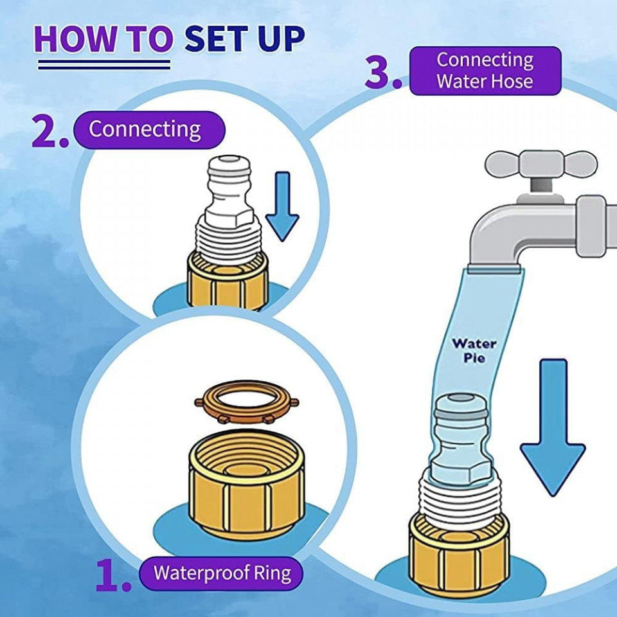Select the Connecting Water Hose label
[x=485, y=71]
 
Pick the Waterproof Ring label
[x=222, y=571]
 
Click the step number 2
[x=49, y=133]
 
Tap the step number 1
[x=113, y=575]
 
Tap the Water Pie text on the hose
[x=474, y=350]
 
